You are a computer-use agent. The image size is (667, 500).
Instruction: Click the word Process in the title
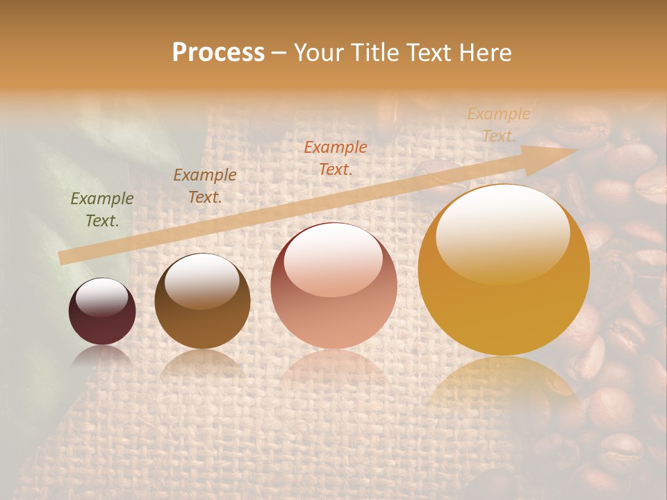click(218, 53)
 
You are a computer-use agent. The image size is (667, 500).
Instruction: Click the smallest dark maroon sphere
click(102, 312)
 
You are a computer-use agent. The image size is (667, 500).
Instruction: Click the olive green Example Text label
click(102, 210)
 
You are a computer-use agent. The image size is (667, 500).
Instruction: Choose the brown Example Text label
click(205, 186)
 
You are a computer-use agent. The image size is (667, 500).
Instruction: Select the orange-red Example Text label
click(336, 158)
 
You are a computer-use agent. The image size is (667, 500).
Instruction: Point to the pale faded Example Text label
click(499, 125)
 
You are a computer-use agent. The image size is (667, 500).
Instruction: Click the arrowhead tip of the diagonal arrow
click(575, 149)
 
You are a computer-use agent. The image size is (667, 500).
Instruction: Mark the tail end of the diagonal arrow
click(63, 258)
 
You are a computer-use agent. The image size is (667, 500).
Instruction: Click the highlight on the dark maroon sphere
click(102, 297)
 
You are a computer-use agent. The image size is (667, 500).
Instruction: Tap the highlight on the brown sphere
click(202, 279)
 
